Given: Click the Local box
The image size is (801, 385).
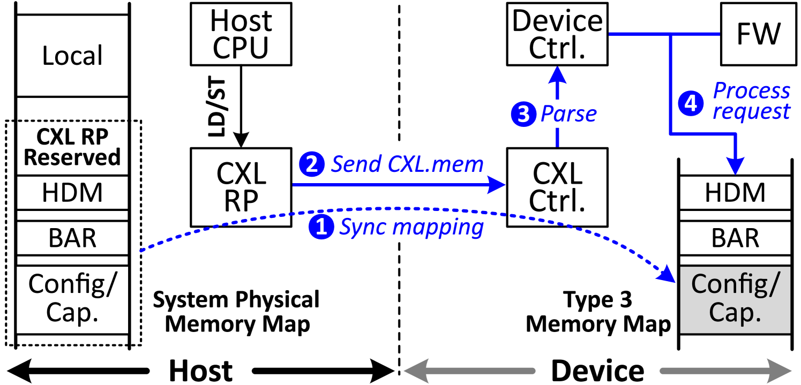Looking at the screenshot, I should click(72, 56).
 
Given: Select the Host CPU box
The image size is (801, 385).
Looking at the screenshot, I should click(241, 34).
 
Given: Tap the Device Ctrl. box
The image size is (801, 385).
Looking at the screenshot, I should click(557, 34).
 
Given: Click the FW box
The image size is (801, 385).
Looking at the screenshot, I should click(758, 34).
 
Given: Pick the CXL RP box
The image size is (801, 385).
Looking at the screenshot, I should click(241, 187).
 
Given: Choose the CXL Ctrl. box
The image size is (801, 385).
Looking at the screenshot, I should click(557, 187).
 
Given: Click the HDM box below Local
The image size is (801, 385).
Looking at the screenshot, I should click(72, 193).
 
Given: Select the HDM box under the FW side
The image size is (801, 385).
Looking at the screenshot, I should click(735, 193).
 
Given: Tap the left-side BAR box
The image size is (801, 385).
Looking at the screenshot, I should click(72, 238).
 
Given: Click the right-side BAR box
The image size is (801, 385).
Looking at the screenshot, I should click(735, 238).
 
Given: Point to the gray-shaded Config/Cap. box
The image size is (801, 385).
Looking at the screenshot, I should click(735, 299).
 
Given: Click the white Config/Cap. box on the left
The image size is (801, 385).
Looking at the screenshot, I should click(72, 299).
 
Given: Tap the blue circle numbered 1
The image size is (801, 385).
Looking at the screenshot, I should click(321, 228).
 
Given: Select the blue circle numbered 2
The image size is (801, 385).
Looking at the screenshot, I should click(312, 164).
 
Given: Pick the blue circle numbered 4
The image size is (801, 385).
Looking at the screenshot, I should click(691, 103).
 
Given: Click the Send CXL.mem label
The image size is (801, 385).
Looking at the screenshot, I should click(407, 164).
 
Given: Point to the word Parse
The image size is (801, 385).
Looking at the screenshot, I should click(569, 114).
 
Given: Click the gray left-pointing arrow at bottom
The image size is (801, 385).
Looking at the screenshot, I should click(469, 371).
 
